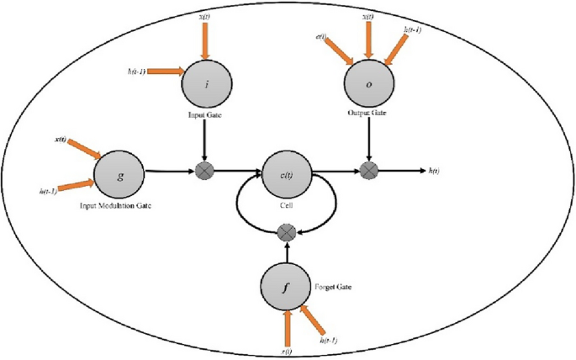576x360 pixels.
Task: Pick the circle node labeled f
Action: point(286,286)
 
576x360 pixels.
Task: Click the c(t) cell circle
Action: point(288,175)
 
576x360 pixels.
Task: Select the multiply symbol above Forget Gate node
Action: point(288,230)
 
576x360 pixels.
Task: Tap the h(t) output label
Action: point(436,171)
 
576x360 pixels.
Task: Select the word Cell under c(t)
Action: point(288,204)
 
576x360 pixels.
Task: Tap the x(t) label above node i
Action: point(204,16)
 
